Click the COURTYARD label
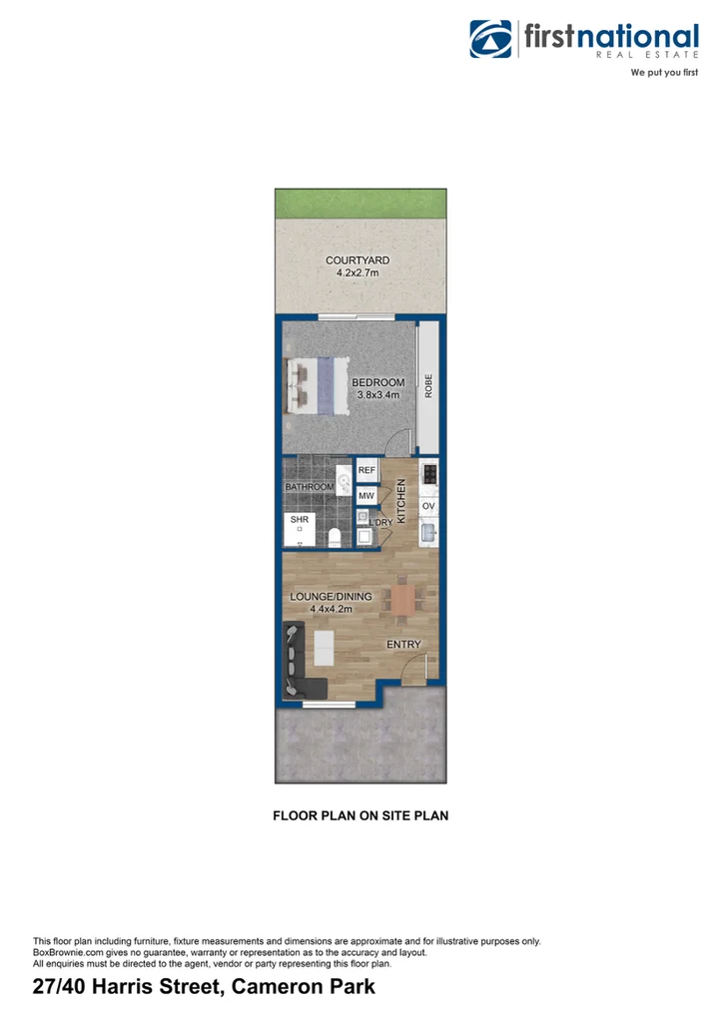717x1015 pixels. (x=358, y=260)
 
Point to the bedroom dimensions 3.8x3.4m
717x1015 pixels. (x=378, y=395)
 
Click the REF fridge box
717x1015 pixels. (x=365, y=470)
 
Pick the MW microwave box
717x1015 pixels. (x=365, y=495)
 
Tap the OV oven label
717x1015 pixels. (x=428, y=506)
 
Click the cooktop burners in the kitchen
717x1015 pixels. (x=429, y=473)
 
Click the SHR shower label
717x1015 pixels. (x=299, y=520)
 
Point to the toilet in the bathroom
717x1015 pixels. (x=337, y=537)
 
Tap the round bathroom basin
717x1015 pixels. (x=345, y=487)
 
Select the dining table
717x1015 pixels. (x=403, y=599)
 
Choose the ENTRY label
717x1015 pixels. (x=404, y=645)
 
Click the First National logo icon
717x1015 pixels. (x=491, y=41)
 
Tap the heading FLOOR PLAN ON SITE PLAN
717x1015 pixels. (x=360, y=815)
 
